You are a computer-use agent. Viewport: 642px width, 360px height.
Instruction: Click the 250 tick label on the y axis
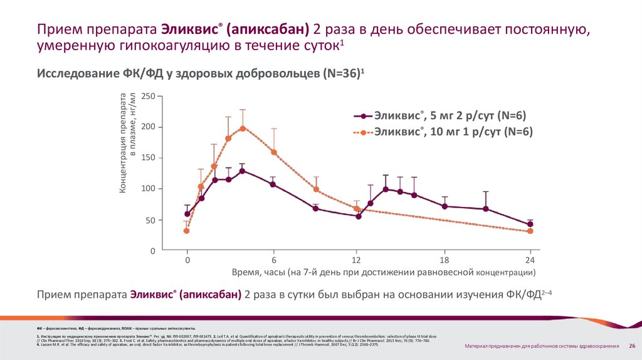[x=146, y=97]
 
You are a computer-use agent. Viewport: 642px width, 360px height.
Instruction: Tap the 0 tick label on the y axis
[x=151, y=251]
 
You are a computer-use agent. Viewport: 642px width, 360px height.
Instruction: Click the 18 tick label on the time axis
[x=445, y=260]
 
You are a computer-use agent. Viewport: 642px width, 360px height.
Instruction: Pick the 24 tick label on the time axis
[x=530, y=260]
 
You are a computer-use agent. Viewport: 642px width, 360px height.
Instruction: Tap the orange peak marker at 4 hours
[x=243, y=128]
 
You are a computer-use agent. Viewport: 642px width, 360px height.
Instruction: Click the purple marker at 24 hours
[x=530, y=224]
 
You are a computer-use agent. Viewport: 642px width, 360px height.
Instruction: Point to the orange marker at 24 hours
[x=530, y=231]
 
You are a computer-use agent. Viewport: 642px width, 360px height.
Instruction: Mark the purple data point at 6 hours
[x=273, y=184]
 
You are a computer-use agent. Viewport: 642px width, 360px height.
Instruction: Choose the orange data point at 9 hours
[x=316, y=189]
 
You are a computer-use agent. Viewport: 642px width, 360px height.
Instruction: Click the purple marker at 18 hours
[x=445, y=206]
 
